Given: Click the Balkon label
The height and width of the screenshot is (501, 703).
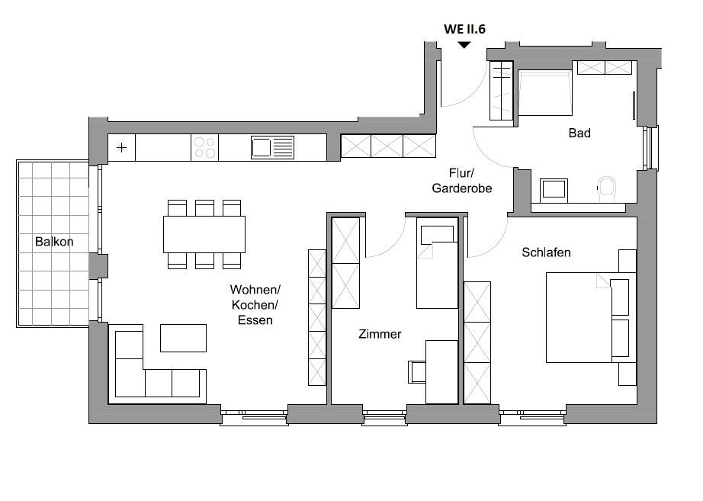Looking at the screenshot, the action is click(x=54, y=242).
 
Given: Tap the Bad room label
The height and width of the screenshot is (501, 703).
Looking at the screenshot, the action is click(x=579, y=133).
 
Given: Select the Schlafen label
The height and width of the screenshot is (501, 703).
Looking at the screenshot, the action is click(x=546, y=252).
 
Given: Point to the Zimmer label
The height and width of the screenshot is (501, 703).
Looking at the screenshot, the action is click(x=380, y=334).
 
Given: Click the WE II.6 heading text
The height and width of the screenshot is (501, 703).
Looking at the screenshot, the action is click(x=464, y=29).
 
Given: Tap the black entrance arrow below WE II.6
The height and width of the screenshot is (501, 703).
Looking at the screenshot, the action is click(x=464, y=45).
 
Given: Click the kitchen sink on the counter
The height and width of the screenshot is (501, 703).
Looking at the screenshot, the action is click(x=273, y=147).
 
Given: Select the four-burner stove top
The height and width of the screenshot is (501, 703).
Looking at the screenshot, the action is click(x=205, y=148).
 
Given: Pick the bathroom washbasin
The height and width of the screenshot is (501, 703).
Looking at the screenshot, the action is click(x=554, y=190).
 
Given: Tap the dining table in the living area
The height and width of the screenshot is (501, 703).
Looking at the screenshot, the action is click(x=204, y=235).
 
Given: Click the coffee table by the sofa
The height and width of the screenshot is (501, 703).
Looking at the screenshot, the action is click(x=183, y=338).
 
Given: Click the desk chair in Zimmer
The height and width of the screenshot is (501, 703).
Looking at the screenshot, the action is click(x=417, y=372).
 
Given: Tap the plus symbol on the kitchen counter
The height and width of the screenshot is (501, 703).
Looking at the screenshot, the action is click(x=121, y=148).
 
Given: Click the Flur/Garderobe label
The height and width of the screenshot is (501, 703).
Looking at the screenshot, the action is click(x=462, y=181).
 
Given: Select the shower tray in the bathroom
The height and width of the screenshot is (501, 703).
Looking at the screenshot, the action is click(x=545, y=92).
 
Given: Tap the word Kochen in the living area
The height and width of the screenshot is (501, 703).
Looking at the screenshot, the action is click(x=255, y=305).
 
